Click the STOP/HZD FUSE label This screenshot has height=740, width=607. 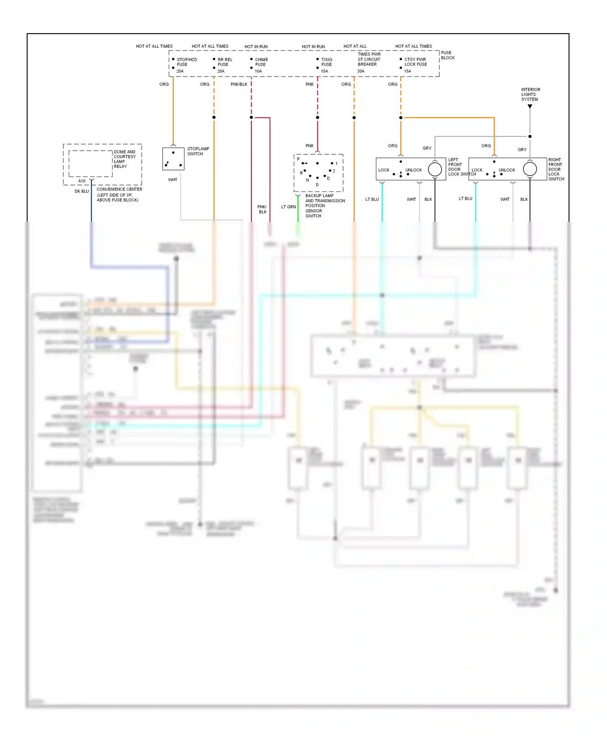click(x=187, y=62)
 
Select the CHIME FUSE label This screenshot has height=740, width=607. click(x=261, y=62)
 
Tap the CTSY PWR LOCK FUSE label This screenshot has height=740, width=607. click(x=415, y=62)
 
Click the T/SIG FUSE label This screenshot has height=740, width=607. click(x=326, y=62)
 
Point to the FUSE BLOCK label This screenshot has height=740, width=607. click(x=447, y=55)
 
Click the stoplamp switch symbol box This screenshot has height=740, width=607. click(x=173, y=159)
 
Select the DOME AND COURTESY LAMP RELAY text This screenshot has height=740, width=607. click(x=125, y=159)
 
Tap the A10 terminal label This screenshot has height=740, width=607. click(x=82, y=181)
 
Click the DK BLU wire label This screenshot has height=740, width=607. click(x=81, y=191)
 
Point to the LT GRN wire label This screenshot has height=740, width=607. click(x=288, y=207)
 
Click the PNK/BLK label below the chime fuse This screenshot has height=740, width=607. click(x=239, y=85)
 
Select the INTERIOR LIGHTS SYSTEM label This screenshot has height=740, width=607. click(x=530, y=94)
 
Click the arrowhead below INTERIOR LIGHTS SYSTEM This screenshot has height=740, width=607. click(x=530, y=106)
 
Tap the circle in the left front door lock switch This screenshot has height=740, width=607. click(x=435, y=169)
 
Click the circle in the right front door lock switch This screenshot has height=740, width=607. click(x=529, y=169)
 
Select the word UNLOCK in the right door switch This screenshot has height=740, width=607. click(x=507, y=170)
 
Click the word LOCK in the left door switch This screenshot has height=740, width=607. click(x=384, y=170)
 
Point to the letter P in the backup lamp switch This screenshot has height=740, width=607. click(x=298, y=159)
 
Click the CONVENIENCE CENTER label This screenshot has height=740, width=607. click(x=119, y=189)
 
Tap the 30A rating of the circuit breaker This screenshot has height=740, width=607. click(x=361, y=71)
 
